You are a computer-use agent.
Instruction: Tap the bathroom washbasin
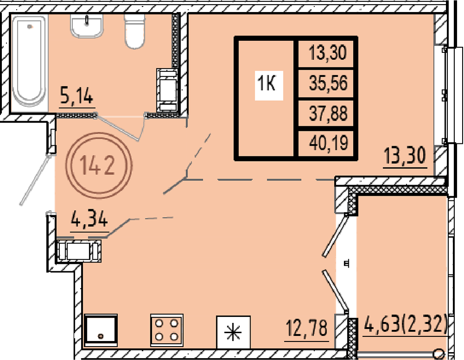point(87,26)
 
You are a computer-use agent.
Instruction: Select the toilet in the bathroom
point(135,31)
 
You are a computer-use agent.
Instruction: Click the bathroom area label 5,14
point(77,95)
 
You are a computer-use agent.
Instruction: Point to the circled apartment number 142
point(98,166)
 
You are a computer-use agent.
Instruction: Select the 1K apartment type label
point(267,83)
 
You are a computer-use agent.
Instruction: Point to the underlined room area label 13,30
point(405,156)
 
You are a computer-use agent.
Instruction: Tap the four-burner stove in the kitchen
point(167,330)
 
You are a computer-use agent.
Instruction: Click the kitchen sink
point(101,330)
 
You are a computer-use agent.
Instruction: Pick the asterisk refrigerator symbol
point(233,332)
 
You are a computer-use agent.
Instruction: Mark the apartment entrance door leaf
point(35,179)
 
